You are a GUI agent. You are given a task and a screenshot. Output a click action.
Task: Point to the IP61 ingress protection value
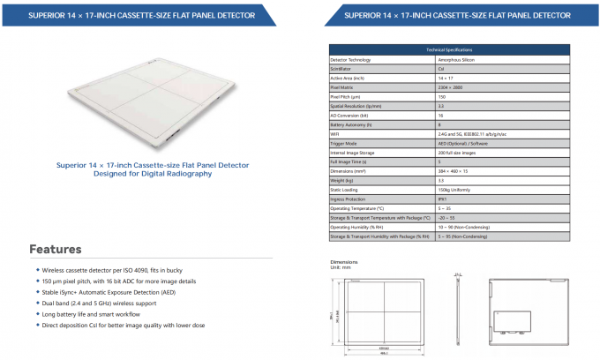(x=441, y=199)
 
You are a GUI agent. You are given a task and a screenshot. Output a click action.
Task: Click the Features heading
(x=56, y=249)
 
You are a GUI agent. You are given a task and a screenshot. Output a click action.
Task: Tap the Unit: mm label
(x=339, y=267)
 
